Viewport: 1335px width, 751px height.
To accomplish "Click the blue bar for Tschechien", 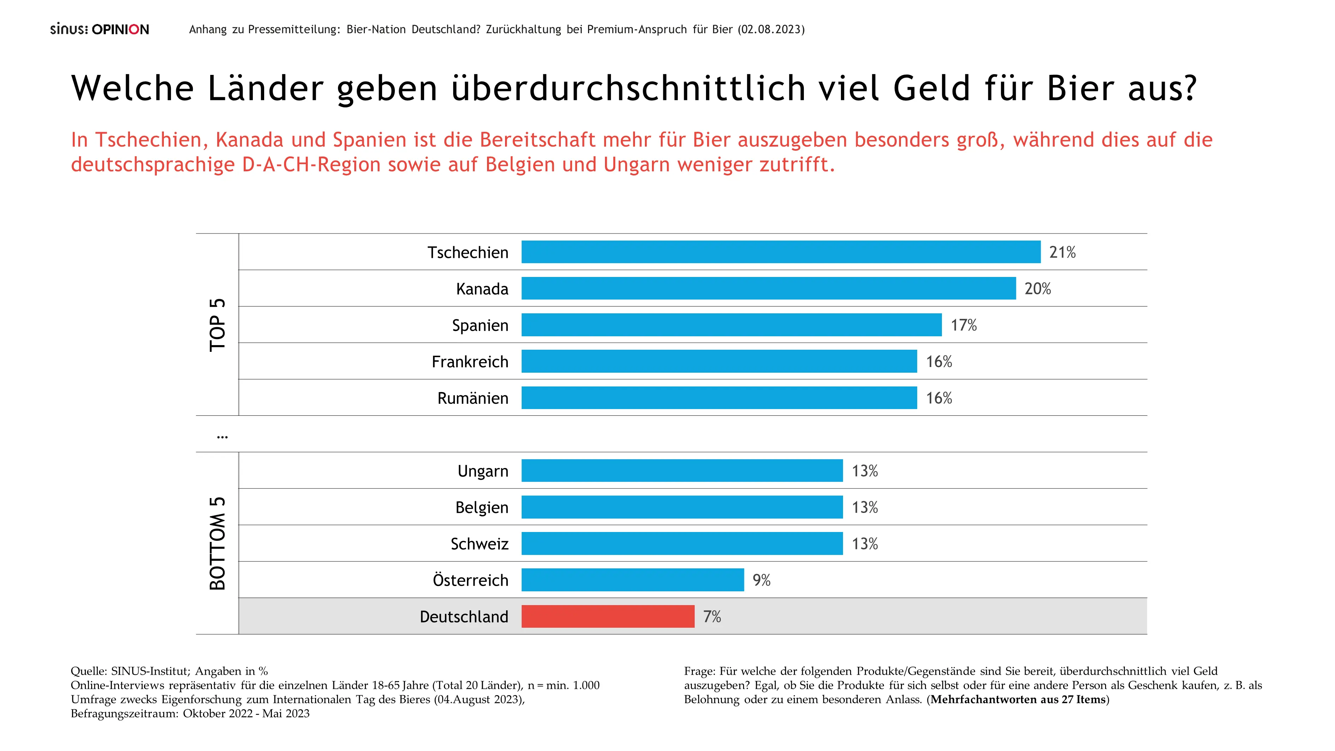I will pyautogui.click(x=781, y=252).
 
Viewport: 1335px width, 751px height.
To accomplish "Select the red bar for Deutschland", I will pyautogui.click(x=607, y=616).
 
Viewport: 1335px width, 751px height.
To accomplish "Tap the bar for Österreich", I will pyautogui.click(x=632, y=580).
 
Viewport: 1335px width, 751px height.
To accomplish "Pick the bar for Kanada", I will pyautogui.click(x=768, y=288).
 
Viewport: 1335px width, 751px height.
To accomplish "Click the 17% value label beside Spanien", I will pyautogui.click(x=963, y=325).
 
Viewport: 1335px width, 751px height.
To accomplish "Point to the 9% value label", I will pyautogui.click(x=761, y=580).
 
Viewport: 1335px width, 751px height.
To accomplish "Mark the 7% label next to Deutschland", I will pyautogui.click(x=712, y=616).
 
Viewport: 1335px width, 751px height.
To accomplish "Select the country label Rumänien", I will pyautogui.click(x=473, y=398).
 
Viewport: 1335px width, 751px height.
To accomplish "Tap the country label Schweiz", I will pyautogui.click(x=479, y=544).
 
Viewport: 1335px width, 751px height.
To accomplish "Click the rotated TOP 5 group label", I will pyautogui.click(x=218, y=325).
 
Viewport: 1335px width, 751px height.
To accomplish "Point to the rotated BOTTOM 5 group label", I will pyautogui.click(x=218, y=543).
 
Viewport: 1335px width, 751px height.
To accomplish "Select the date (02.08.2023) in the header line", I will pyautogui.click(x=771, y=30).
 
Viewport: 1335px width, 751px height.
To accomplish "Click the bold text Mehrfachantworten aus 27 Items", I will pyautogui.click(x=1018, y=700).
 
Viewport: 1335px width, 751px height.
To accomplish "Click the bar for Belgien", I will pyautogui.click(x=682, y=507).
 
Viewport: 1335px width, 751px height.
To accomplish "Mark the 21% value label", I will pyautogui.click(x=1062, y=253).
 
